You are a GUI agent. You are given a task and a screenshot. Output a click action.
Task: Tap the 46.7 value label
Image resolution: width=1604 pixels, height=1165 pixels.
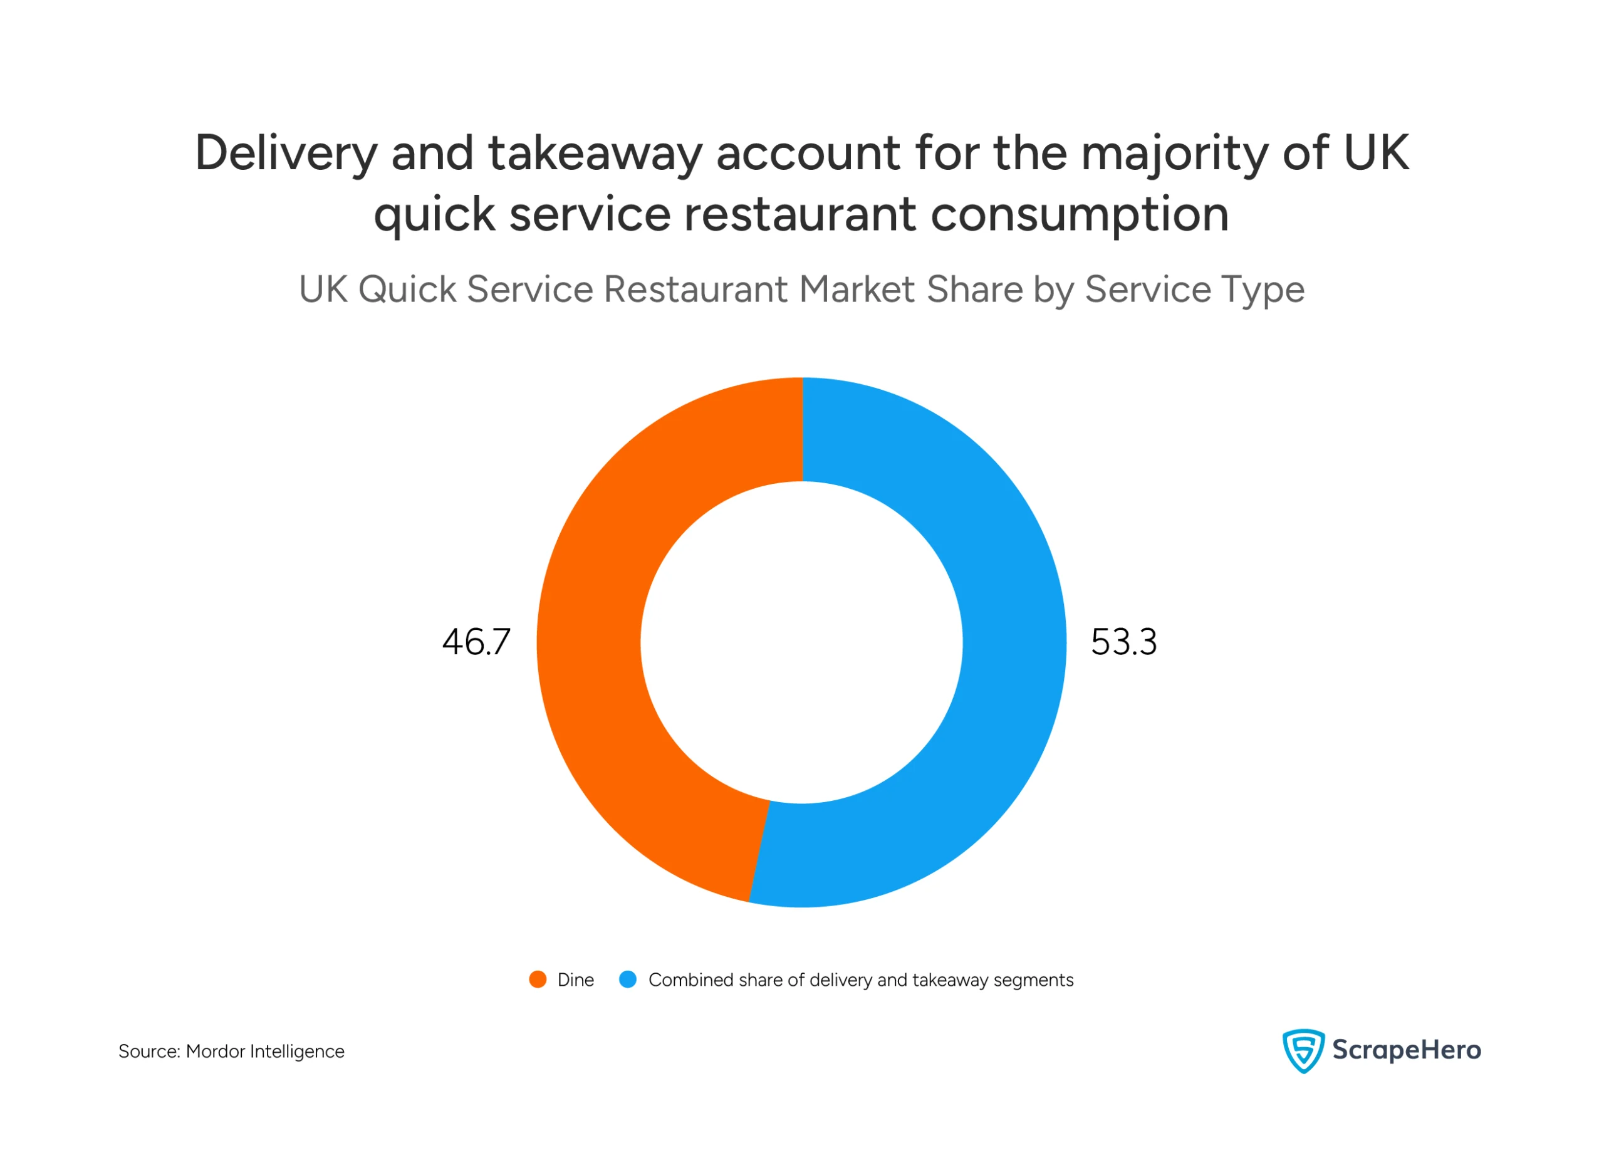(476, 642)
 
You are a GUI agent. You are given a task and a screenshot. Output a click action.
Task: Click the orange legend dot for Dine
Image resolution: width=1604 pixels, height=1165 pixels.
(538, 980)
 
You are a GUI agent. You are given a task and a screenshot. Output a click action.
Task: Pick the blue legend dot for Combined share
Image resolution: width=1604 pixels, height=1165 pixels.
(627, 980)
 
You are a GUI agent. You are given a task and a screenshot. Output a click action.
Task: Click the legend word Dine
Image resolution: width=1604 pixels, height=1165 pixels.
(575, 980)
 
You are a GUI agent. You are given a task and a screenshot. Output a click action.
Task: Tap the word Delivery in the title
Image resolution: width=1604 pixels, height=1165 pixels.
(286, 154)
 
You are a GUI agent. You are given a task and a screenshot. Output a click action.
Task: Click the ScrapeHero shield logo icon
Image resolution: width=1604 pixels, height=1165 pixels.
(1303, 1051)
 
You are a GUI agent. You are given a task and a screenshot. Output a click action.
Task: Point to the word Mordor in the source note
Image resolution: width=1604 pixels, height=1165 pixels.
(215, 1051)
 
